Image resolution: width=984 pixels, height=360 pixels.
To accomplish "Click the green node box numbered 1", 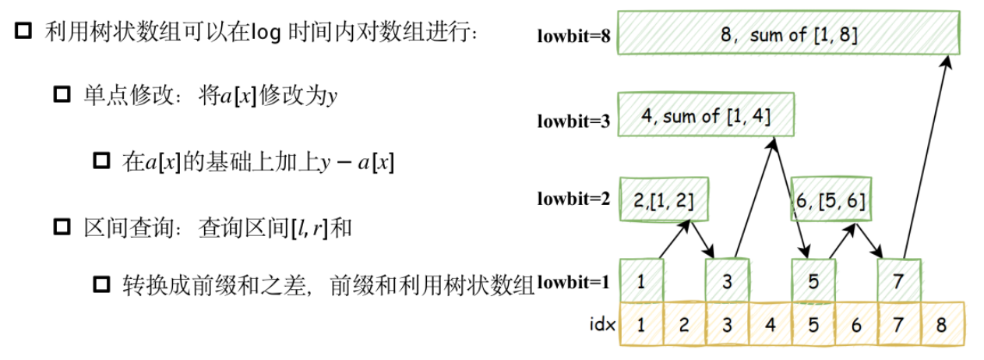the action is (x=642, y=281).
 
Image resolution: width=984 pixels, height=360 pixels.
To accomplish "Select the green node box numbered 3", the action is (x=728, y=281).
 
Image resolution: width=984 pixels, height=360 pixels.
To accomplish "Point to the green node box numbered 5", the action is (x=813, y=281).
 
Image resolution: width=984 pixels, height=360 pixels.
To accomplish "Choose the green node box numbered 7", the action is (x=899, y=281).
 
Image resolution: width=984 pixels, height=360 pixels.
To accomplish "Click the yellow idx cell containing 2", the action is (x=684, y=324).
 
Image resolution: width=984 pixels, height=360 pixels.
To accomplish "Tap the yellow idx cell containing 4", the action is (x=771, y=324).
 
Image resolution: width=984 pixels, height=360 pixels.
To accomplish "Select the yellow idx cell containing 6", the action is (x=856, y=324).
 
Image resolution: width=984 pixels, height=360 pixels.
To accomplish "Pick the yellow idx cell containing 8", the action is (x=943, y=324).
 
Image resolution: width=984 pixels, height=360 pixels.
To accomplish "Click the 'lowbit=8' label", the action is (x=573, y=36).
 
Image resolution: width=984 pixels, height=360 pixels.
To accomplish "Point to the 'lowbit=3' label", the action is (x=573, y=121).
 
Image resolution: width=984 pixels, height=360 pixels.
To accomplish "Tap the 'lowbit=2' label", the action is (x=573, y=199).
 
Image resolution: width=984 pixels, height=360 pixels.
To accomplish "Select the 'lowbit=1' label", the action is (x=573, y=282).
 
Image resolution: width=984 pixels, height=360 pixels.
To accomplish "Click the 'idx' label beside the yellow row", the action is (x=602, y=324).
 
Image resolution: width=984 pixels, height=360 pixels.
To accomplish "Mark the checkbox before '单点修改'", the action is (x=62, y=94).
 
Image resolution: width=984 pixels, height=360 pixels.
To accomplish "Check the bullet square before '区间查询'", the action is (x=62, y=227).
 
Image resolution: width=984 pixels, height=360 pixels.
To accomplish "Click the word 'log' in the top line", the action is (x=266, y=33).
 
